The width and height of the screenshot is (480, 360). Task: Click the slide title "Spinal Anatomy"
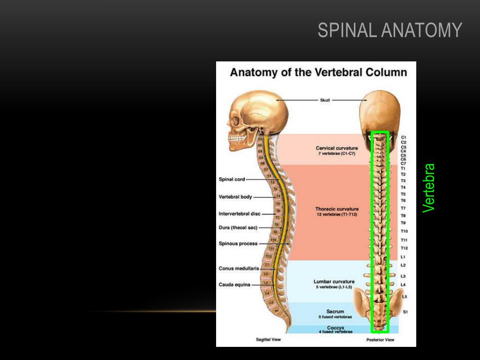(x=390, y=30)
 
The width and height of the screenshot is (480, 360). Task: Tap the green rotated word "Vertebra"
(x=429, y=188)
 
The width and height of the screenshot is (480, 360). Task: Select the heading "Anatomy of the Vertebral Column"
(x=318, y=73)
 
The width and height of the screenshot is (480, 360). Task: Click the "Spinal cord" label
(x=232, y=179)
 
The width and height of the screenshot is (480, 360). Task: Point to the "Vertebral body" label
(x=235, y=197)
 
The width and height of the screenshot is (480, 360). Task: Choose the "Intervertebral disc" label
(x=239, y=214)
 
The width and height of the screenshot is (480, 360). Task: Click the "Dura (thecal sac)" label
(x=238, y=228)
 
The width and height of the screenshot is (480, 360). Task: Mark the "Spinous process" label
(x=238, y=244)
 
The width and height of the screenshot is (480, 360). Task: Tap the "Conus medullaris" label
(x=239, y=269)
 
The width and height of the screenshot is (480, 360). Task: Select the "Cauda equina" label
(x=234, y=285)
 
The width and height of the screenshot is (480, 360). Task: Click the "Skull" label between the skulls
(x=325, y=100)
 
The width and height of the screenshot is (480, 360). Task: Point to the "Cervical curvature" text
(x=337, y=148)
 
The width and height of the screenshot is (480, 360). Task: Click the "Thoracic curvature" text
(x=337, y=209)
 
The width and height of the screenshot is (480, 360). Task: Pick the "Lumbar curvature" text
(x=334, y=282)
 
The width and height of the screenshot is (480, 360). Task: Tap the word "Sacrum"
(x=335, y=311)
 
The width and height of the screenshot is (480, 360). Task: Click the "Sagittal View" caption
(x=268, y=340)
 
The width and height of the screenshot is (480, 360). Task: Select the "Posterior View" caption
(x=380, y=340)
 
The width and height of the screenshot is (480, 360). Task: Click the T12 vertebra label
(x=404, y=248)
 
